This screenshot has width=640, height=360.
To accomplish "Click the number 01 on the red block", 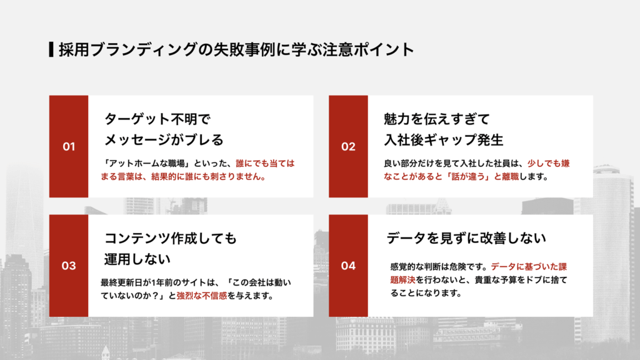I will [x=69, y=147].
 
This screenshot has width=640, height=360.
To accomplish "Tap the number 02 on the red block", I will [x=348, y=147].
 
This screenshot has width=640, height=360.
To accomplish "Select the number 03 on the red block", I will [x=69, y=266].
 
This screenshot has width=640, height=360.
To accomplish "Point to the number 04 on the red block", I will [x=348, y=266].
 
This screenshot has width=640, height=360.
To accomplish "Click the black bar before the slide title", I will [x=51, y=49].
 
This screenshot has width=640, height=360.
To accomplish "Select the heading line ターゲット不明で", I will [x=158, y=119].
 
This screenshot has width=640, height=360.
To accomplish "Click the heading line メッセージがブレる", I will [x=164, y=138].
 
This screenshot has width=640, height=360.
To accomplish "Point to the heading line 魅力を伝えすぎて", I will [x=436, y=119].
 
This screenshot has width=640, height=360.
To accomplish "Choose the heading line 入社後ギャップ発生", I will [x=443, y=138].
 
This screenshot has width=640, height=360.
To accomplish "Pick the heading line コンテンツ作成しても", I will [x=171, y=238].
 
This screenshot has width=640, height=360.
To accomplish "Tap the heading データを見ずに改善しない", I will [x=466, y=238].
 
